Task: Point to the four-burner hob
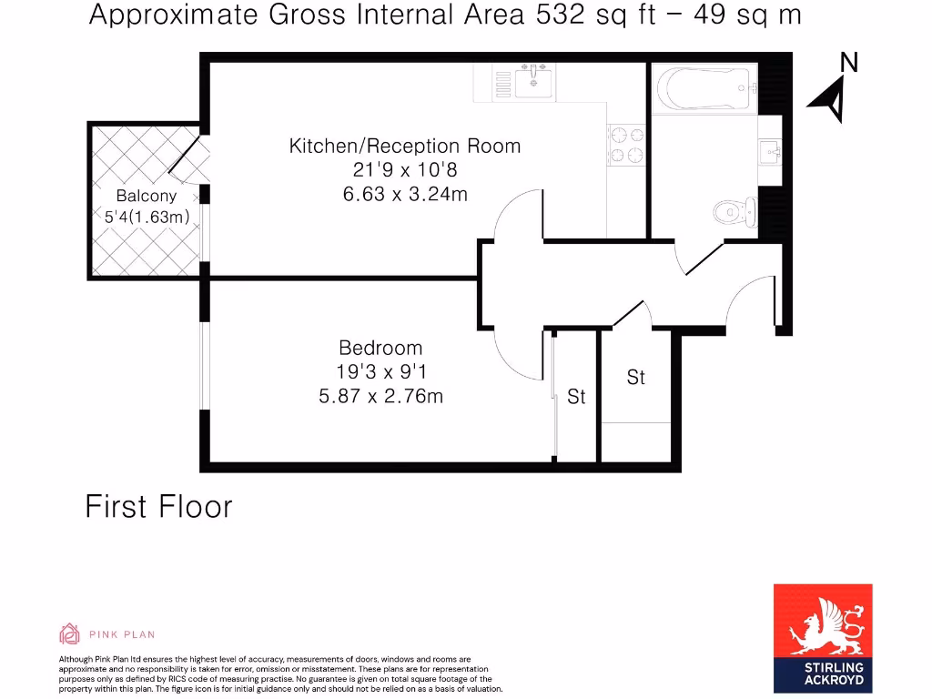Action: pyautogui.click(x=625, y=145)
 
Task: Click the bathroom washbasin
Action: pyautogui.click(x=769, y=151)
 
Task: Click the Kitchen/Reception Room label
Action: pyautogui.click(x=405, y=146)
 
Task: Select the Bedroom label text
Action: pyautogui.click(x=380, y=348)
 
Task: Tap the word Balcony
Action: pyautogui.click(x=146, y=196)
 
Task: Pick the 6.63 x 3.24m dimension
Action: pyautogui.click(x=405, y=193)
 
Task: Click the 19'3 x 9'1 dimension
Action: pyautogui.click(x=380, y=371)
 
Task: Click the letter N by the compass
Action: pyautogui.click(x=848, y=63)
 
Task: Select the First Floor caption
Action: pyautogui.click(x=158, y=506)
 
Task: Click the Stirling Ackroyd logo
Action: pyautogui.click(x=822, y=638)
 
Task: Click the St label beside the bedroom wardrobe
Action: pyautogui.click(x=576, y=397)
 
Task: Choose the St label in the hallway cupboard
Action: pyautogui.click(x=635, y=377)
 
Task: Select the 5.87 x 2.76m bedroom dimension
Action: pyautogui.click(x=380, y=396)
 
